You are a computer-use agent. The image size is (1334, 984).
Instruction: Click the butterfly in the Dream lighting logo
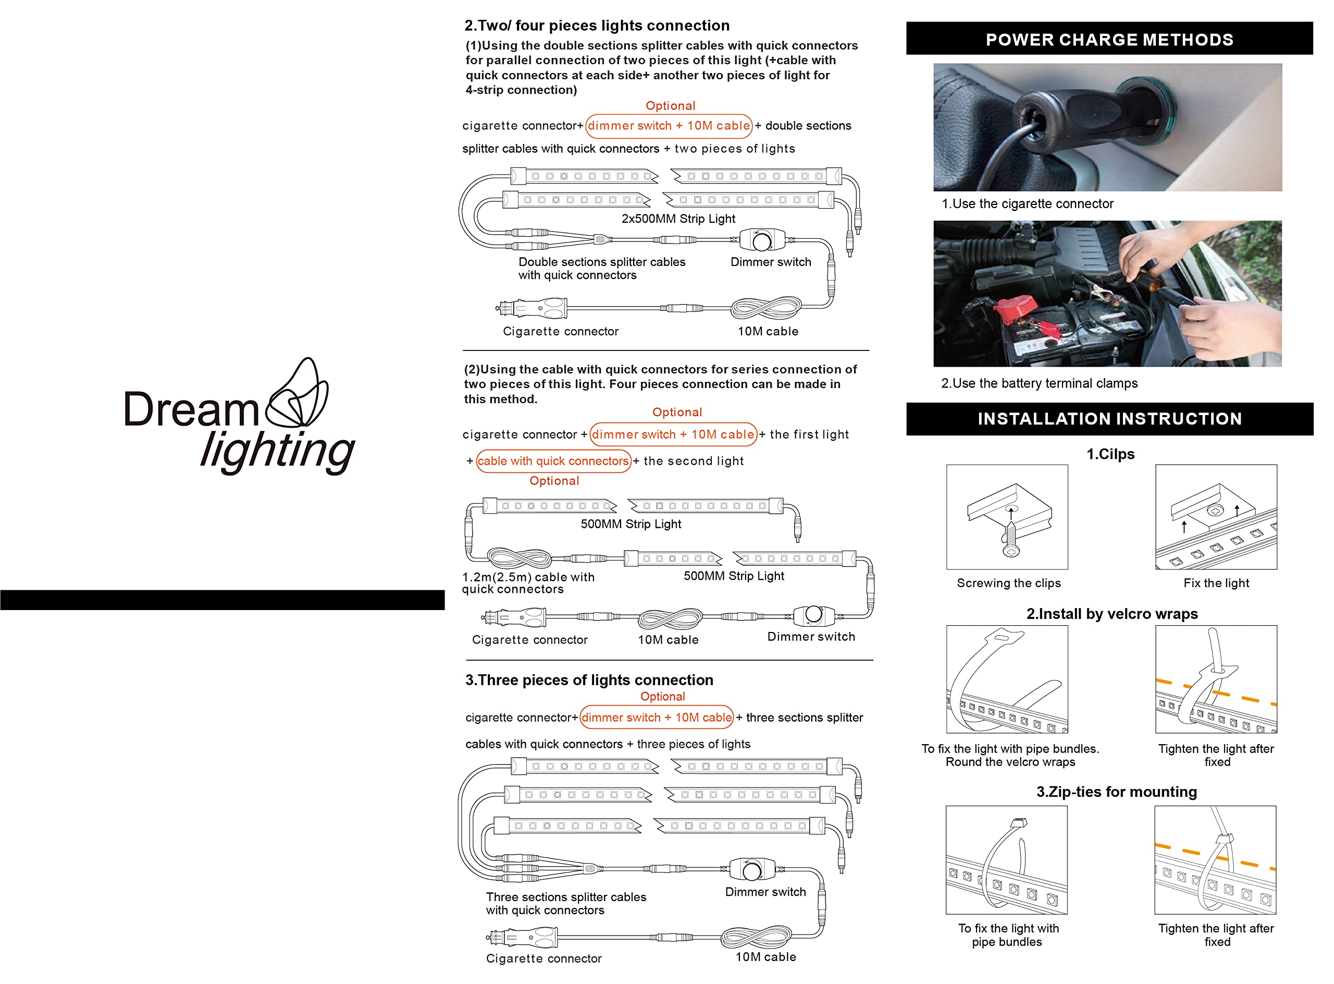pyautogui.click(x=297, y=393)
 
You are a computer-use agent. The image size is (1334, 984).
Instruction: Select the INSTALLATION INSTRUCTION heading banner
pyautogui.click(x=1109, y=419)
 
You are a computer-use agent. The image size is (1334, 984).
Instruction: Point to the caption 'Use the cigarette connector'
pyautogui.click(x=1032, y=204)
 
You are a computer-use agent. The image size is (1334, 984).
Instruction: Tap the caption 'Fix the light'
pyautogui.click(x=1216, y=583)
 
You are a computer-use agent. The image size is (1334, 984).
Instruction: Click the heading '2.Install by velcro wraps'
pyautogui.click(x=1111, y=614)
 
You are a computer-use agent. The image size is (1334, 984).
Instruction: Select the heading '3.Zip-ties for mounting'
pyautogui.click(x=1116, y=792)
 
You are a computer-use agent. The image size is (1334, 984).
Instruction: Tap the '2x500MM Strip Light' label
pyautogui.click(x=678, y=218)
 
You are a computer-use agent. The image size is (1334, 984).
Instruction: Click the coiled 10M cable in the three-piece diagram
pyautogui.click(x=756, y=938)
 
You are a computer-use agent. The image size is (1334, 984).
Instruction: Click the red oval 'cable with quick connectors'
pyautogui.click(x=553, y=461)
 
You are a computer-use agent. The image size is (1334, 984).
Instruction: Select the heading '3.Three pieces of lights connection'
pyautogui.click(x=589, y=680)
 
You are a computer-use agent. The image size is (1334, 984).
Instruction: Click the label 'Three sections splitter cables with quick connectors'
pyautogui.click(x=565, y=904)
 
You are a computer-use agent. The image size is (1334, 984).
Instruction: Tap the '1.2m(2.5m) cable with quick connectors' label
pyautogui.click(x=528, y=583)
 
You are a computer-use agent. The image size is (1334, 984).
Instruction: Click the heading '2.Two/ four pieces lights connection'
pyautogui.click(x=597, y=26)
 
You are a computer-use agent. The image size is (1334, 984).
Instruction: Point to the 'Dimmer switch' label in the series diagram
pyautogui.click(x=811, y=637)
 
